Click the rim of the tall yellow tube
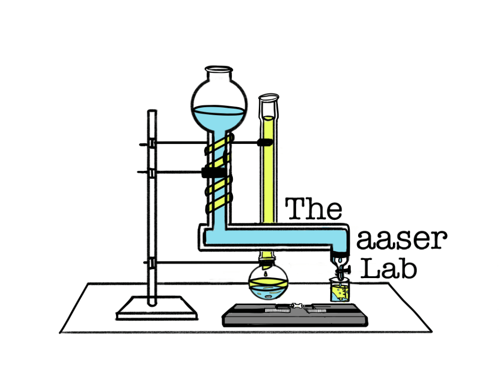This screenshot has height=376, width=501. tap(269, 97)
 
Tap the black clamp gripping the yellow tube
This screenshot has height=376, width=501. tap(265, 142)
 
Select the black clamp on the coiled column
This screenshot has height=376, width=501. tap(213, 172)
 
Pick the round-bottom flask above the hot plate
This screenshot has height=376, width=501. tap(268, 285)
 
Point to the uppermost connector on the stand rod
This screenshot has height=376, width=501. tap(152, 143)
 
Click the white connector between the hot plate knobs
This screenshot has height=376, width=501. tap(296, 307)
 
